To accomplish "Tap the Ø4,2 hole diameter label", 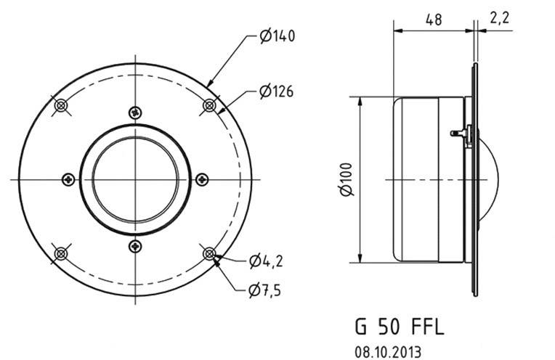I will point(266,261).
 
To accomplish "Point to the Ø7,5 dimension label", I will point(264,290).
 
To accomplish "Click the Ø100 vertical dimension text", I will point(347,179).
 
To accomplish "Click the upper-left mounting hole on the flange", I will point(62,105).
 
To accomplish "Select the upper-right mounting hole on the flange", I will point(210,105).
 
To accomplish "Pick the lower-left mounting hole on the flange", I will point(62,253).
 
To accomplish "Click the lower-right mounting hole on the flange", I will point(210,253).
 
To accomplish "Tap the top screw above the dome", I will point(135,112).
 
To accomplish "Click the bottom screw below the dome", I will point(135,246).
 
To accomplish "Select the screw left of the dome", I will point(68,179).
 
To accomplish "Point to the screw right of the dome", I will point(203,179).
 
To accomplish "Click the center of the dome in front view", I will point(135,179).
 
